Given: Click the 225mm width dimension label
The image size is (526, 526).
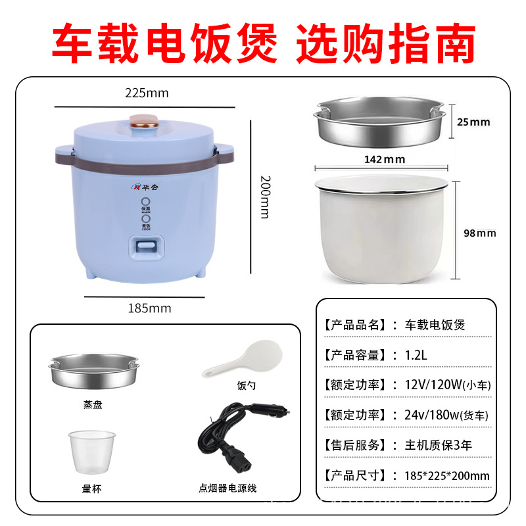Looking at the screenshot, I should (x=147, y=93).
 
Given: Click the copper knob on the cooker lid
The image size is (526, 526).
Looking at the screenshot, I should (x=146, y=121).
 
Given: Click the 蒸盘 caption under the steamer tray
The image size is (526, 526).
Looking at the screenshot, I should (x=93, y=405).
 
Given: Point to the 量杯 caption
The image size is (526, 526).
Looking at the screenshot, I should (x=93, y=489).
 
